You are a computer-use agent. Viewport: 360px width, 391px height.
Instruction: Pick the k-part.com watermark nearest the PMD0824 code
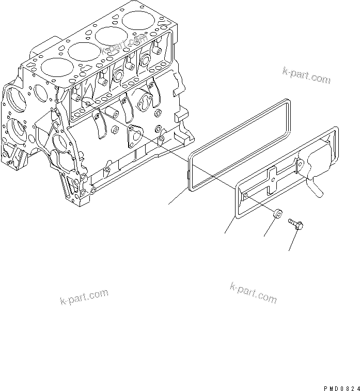[254, 293]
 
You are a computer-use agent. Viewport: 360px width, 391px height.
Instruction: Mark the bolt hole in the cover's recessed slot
[246, 194]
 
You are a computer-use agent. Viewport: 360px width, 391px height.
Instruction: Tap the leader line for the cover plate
[230, 224]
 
